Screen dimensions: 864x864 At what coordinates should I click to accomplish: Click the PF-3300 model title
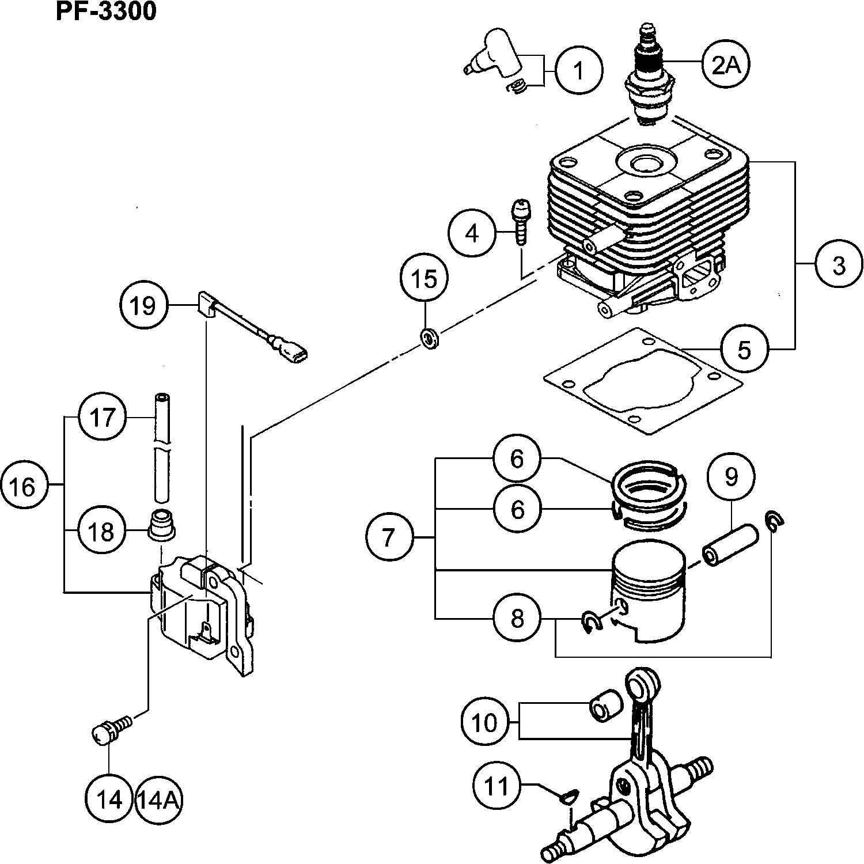click(106, 11)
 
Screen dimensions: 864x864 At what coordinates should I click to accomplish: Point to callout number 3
click(839, 266)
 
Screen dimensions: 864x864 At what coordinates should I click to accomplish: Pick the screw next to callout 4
click(521, 223)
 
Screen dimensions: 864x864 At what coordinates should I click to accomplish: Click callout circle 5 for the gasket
click(744, 349)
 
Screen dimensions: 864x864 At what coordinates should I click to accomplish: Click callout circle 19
click(144, 305)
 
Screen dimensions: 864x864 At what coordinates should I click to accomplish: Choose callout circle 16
click(24, 487)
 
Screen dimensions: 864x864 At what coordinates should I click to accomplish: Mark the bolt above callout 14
click(109, 727)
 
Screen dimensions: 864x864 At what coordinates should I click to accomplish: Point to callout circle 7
click(389, 537)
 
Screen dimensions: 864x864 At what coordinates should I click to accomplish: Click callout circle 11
click(497, 785)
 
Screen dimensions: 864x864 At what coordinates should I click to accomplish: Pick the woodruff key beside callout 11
click(567, 797)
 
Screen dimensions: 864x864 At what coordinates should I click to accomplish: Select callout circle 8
click(517, 619)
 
